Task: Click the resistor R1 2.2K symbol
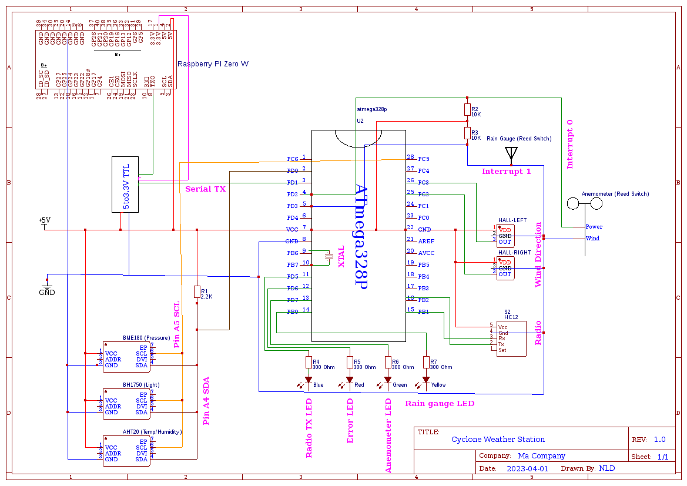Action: [197, 291]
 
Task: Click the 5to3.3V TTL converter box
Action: [125, 184]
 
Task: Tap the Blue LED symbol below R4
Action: [308, 380]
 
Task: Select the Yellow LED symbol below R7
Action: [426, 380]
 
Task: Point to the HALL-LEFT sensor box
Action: [505, 235]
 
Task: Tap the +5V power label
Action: [44, 221]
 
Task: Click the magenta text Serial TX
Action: [205, 189]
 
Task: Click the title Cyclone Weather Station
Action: [498, 440]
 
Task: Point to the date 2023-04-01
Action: [527, 469]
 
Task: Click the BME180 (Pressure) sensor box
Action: [126, 356]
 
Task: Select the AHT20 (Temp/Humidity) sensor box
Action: [126, 451]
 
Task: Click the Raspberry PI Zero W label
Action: [213, 64]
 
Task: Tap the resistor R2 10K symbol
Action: [467, 109]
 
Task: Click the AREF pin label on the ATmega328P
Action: [426, 242]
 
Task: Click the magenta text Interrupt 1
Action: [506, 172]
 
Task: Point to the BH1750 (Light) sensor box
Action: [126, 403]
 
